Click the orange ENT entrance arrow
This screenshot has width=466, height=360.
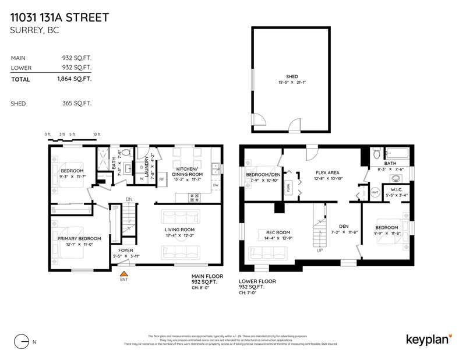pos(123,273)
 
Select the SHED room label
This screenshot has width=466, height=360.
pos(291,76)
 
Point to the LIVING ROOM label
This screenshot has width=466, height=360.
pos(179,231)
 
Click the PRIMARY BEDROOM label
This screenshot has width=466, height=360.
pos(79,238)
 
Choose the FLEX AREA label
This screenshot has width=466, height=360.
pos(328,172)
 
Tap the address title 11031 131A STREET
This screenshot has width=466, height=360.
pos(59,17)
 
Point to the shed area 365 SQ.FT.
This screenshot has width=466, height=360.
pos(79,104)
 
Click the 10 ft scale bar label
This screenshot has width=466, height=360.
pos(97,135)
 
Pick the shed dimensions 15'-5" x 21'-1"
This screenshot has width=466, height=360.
pos(291,83)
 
